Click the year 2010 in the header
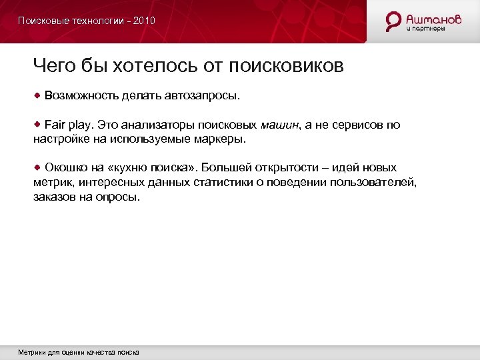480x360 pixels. coord(144,21)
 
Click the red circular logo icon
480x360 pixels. coord(394,21)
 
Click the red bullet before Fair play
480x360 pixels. coord(38,125)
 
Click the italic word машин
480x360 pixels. coord(281,125)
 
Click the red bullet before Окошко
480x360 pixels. coord(38,167)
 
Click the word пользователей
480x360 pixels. coord(375,183)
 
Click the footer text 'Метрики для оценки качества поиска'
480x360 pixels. coord(79,352)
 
